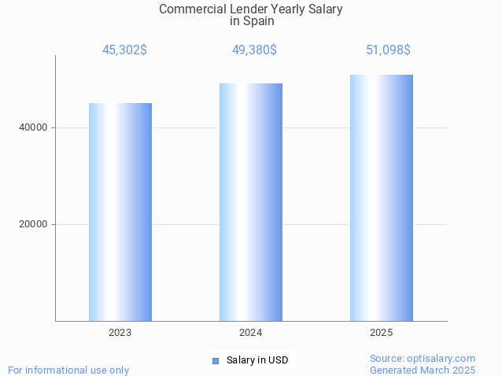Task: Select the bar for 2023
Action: (120, 212)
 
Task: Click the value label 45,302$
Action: (124, 50)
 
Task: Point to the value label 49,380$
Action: (254, 50)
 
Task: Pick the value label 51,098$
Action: (388, 50)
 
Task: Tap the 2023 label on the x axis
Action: (120, 333)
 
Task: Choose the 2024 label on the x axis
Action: (251, 333)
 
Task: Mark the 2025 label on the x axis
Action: (382, 333)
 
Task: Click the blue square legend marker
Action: (215, 361)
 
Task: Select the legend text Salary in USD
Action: (257, 360)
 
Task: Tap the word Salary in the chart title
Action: (324, 9)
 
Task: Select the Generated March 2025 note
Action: (423, 370)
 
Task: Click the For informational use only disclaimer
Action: (68, 370)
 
